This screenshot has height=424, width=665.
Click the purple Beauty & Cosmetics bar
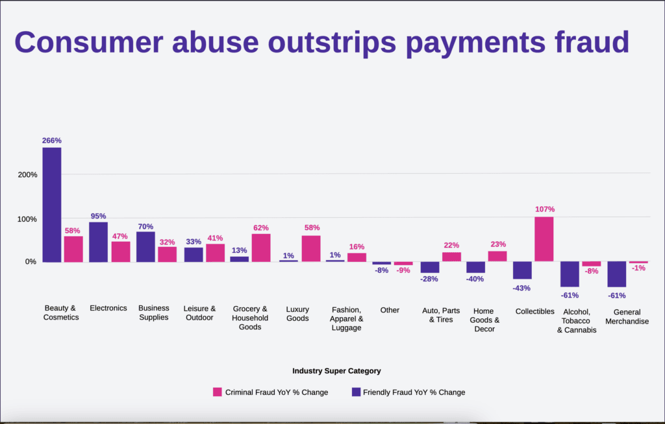click(52, 205)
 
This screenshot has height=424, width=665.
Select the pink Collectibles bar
click(544, 239)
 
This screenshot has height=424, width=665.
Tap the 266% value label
click(52, 141)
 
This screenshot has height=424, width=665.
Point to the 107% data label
click(545, 209)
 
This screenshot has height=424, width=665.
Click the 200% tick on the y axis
click(28, 175)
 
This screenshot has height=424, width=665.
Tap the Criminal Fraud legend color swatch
click(218, 392)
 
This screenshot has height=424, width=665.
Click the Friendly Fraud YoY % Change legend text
click(414, 392)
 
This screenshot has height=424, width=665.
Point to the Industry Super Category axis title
click(336, 371)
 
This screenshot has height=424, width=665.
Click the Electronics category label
click(108, 309)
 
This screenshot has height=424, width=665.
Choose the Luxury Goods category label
click(297, 314)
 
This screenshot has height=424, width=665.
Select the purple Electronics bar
click(98, 242)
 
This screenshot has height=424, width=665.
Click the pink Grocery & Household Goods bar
click(261, 248)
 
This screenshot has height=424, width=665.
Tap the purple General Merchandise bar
click(617, 274)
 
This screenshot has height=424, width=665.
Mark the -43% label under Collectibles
click(521, 287)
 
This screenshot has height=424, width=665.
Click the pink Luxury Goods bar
click(311, 248)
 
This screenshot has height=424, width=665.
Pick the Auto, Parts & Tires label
click(441, 315)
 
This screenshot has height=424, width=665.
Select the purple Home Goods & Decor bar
click(475, 267)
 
